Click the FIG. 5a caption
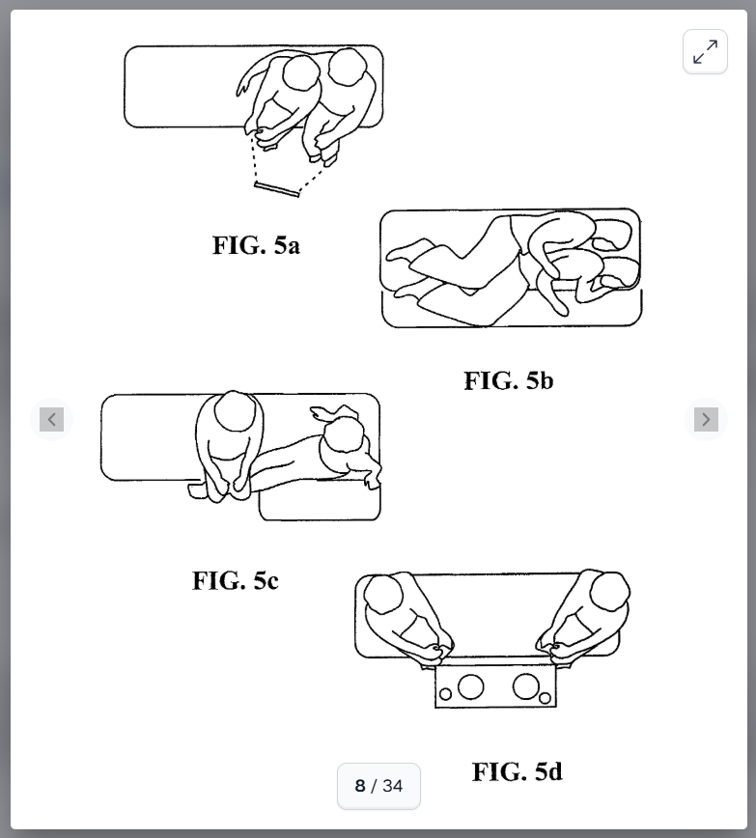256,245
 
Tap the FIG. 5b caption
509,380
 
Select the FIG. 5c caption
236,580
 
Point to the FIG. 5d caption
517,771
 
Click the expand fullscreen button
705,52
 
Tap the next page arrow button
706,420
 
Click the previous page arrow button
51,420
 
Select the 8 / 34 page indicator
378,786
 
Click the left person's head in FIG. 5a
301,75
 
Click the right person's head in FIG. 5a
347,67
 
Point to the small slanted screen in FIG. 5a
276,189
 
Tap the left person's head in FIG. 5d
382,595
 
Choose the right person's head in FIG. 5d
610,592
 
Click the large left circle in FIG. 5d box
470,686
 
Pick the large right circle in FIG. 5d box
525,685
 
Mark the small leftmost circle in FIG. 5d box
445,694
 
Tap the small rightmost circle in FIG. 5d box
545,698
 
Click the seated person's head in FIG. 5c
235,410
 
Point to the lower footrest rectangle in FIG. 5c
320,500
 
